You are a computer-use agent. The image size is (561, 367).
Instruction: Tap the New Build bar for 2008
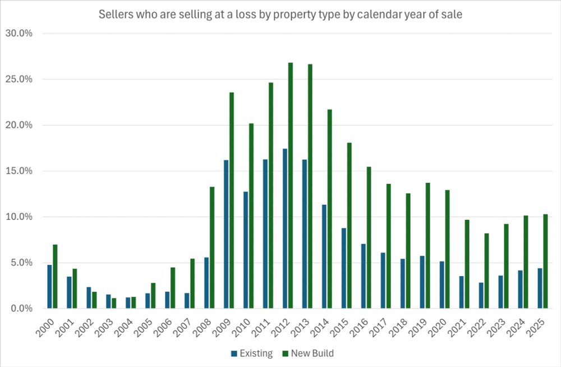[212, 247]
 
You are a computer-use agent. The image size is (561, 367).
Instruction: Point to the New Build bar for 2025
[545, 261]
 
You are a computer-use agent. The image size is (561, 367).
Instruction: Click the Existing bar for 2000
[49, 286]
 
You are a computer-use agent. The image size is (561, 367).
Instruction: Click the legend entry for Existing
[252, 354]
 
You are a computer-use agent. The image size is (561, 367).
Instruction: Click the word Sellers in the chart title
[115, 14]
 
